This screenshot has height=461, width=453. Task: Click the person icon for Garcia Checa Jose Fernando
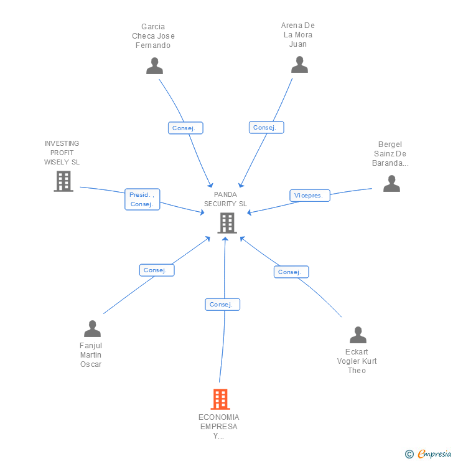(154, 65)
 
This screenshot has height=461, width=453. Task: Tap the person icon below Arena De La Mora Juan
(299, 64)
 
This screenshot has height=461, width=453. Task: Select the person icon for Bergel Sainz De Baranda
(391, 183)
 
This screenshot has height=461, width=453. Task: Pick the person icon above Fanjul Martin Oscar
(92, 328)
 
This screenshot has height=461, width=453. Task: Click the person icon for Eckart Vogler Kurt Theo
(358, 335)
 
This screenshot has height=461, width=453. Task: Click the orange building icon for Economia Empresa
(220, 399)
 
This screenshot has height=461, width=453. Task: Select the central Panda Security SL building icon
(227, 222)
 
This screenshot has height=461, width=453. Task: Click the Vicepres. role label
(309, 196)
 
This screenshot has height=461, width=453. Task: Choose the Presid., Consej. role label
(142, 199)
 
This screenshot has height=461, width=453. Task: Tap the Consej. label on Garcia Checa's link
(185, 128)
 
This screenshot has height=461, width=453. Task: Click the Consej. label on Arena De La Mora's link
(266, 127)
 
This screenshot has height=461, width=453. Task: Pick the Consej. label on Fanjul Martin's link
(156, 270)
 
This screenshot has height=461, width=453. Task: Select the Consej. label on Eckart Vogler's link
(291, 272)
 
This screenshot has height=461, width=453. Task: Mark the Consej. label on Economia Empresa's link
(222, 305)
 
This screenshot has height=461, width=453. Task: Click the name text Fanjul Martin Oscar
(91, 355)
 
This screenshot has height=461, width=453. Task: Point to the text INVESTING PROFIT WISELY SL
(62, 153)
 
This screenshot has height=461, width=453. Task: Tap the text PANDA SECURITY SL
(225, 199)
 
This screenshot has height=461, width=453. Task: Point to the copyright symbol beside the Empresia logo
(409, 454)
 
